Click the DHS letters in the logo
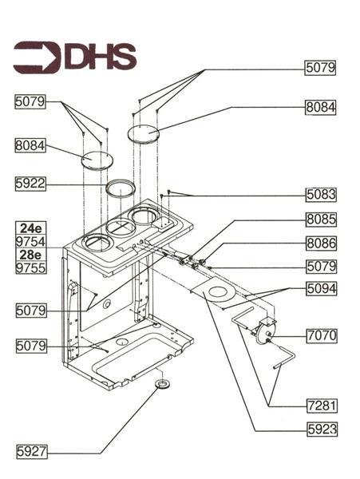click(x=99, y=57)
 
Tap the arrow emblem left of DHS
click(x=37, y=57)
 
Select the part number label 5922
click(x=30, y=184)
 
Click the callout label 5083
click(x=321, y=194)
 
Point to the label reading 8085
click(x=321, y=220)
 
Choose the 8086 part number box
click(x=321, y=243)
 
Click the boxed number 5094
click(x=321, y=290)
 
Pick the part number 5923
click(x=321, y=430)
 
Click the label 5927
click(x=30, y=452)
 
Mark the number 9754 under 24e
click(x=30, y=242)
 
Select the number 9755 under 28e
click(x=30, y=269)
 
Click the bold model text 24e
click(x=30, y=228)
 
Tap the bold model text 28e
click(x=30, y=255)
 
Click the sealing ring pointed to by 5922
click(x=120, y=188)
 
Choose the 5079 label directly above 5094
click(x=321, y=266)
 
